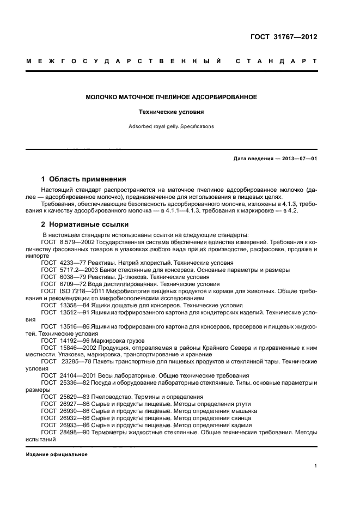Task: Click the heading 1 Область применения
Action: (84, 179)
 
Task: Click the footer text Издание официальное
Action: (57, 454)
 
